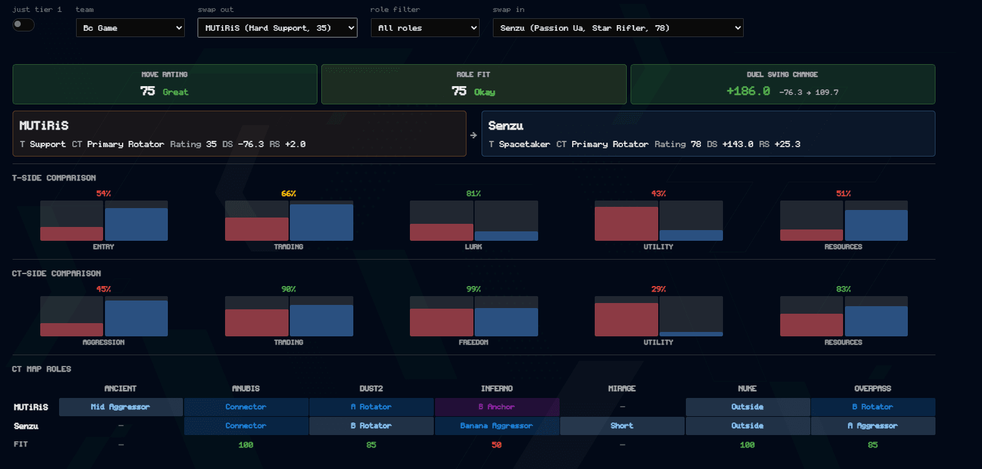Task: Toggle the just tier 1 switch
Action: pyautogui.click(x=23, y=25)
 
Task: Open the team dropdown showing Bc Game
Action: pyautogui.click(x=130, y=28)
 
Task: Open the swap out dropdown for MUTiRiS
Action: pyautogui.click(x=277, y=28)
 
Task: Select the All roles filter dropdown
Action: pyautogui.click(x=425, y=28)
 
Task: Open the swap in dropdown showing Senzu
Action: pyautogui.click(x=618, y=28)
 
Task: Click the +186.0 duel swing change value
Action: pyautogui.click(x=748, y=91)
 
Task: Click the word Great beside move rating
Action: pyautogui.click(x=175, y=92)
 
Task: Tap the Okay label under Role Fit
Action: pyautogui.click(x=485, y=92)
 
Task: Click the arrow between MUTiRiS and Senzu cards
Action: pyautogui.click(x=473, y=135)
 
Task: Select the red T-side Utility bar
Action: pyautogui.click(x=626, y=224)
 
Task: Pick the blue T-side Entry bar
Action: pyautogui.click(x=136, y=224)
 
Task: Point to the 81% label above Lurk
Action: pyautogui.click(x=473, y=193)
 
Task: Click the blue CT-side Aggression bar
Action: pyautogui.click(x=136, y=318)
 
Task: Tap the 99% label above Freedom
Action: pyautogui.click(x=473, y=289)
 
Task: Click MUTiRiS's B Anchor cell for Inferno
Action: pyautogui.click(x=497, y=407)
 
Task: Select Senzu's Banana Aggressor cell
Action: pyautogui.click(x=497, y=426)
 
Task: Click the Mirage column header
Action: pyautogui.click(x=622, y=389)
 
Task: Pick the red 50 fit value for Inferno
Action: pyautogui.click(x=497, y=445)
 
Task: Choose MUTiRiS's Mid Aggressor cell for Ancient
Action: pyautogui.click(x=121, y=407)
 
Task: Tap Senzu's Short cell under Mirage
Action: pyautogui.click(x=622, y=426)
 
